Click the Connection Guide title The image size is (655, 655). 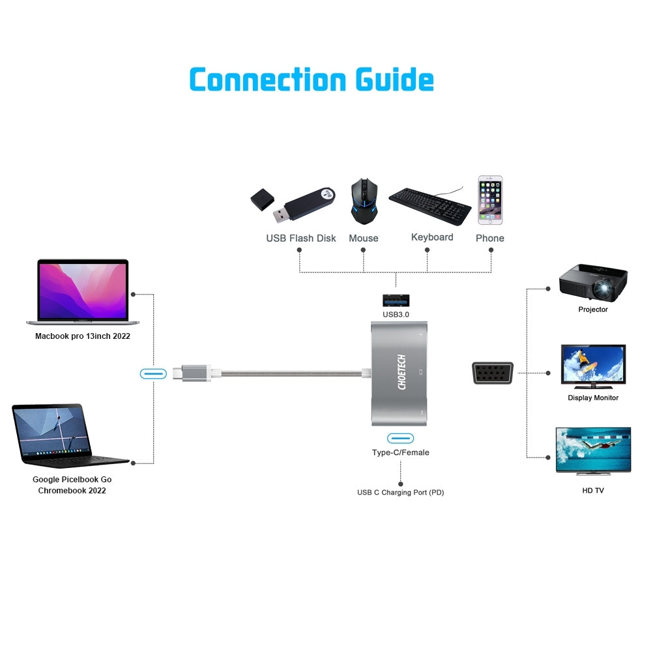(312, 80)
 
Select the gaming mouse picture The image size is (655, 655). (364, 201)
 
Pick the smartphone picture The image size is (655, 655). (490, 200)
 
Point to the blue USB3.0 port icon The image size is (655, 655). (396, 300)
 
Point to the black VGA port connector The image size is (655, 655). (493, 373)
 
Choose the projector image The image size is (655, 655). (593, 280)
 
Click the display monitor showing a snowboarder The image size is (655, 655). (593, 367)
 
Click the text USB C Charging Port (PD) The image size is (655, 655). (400, 493)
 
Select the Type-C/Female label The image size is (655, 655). (400, 452)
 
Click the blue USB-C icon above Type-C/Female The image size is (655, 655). (400, 438)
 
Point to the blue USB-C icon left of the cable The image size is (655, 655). (154, 373)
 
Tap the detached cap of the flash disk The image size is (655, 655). (263, 199)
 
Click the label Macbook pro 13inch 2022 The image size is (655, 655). (83, 336)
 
